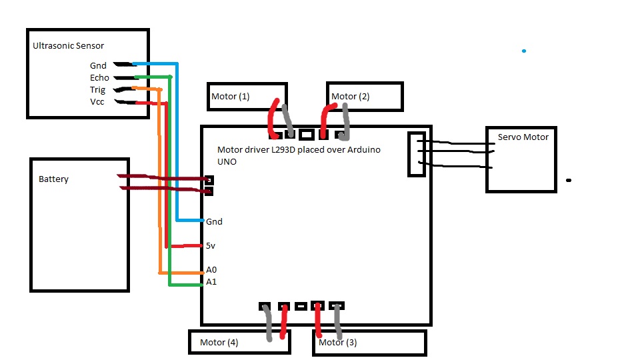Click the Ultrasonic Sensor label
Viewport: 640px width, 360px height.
coord(68,46)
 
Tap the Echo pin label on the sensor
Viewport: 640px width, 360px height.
coord(99,77)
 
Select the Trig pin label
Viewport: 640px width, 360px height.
coord(97,90)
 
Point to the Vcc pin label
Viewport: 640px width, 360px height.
coord(97,101)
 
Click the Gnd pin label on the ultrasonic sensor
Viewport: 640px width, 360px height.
coord(98,66)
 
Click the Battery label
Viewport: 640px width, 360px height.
coord(53,179)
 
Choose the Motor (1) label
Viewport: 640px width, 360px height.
coord(230,96)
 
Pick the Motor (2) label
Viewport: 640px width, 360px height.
coord(350,96)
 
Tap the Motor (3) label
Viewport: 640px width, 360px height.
coord(337,343)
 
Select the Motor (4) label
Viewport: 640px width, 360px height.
coord(219,343)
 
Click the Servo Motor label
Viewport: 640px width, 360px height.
coord(523,137)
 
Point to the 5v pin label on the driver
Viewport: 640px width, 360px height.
coord(210,246)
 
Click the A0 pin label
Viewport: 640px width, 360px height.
coord(211,270)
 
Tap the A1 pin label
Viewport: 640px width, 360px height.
coord(211,281)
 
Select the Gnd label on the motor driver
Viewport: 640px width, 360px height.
coord(214,221)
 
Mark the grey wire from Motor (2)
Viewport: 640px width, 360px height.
coord(346,121)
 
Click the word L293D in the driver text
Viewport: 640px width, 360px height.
coord(283,150)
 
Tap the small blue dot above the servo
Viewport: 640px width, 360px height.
coord(524,51)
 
